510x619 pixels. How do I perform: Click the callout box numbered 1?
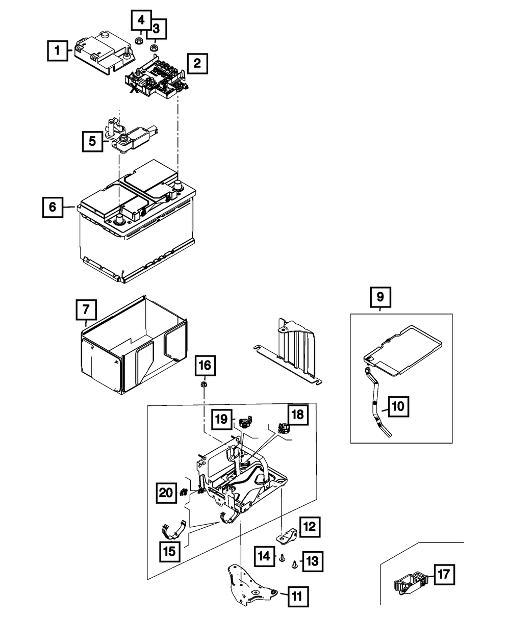pos(58,51)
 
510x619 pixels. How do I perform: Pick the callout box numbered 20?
pos(166,493)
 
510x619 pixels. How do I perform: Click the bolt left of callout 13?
pos(295,564)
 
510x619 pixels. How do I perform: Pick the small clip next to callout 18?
pos(281,426)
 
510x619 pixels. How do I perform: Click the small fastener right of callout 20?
pos(183,493)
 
